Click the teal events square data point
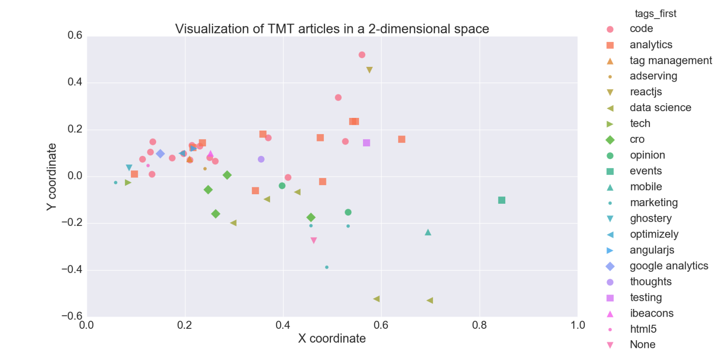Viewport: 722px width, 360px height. [x=501, y=200]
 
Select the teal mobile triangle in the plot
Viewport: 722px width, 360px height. [x=428, y=232]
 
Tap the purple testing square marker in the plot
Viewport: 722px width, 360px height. [x=366, y=143]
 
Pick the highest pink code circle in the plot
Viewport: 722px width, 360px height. [x=362, y=55]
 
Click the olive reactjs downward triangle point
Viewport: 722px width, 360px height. [x=369, y=70]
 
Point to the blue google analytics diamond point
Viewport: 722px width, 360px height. [x=160, y=154]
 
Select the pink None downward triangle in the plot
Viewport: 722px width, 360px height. [x=314, y=240]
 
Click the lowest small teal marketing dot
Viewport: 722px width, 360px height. [x=327, y=267]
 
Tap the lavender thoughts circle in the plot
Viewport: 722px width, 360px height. [x=261, y=159]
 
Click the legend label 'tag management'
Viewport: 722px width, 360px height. [x=671, y=61]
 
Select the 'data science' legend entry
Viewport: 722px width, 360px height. [x=660, y=108]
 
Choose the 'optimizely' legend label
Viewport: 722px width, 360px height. [x=654, y=234]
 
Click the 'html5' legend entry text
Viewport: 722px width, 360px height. [x=643, y=329]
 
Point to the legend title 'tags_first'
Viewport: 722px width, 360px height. [x=655, y=14]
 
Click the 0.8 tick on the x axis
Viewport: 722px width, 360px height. [x=479, y=325]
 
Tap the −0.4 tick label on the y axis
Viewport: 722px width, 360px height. [x=72, y=270]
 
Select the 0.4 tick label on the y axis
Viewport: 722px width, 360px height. [x=75, y=82]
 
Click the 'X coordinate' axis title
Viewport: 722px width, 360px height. [x=332, y=338]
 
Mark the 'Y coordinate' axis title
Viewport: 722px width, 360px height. [x=51, y=177]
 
